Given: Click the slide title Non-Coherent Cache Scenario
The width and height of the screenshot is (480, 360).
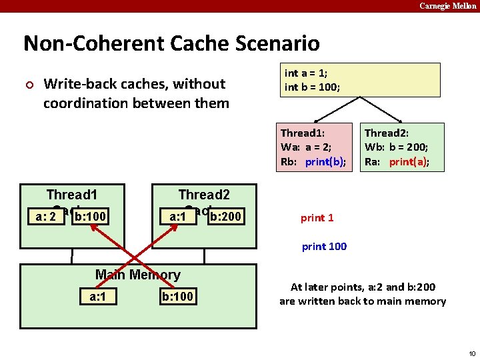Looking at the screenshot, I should pyautogui.click(x=171, y=44).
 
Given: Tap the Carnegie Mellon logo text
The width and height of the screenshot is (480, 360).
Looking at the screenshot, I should pyautogui.click(x=447, y=6).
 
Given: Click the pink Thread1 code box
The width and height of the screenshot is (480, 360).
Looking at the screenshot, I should pyautogui.click(x=315, y=147).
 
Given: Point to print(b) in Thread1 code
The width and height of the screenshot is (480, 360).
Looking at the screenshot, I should pyautogui.click(x=325, y=162).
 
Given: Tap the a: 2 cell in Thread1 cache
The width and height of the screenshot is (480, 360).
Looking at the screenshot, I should pyautogui.click(x=41, y=217).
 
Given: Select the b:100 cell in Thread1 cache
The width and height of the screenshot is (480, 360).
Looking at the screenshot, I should pyautogui.click(x=91, y=217).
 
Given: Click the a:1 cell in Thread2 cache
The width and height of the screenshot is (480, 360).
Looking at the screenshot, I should pyautogui.click(x=177, y=217).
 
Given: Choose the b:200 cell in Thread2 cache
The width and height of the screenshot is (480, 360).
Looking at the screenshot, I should pyautogui.click(x=225, y=217).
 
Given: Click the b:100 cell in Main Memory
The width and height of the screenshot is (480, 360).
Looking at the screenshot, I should pyautogui.click(x=178, y=296).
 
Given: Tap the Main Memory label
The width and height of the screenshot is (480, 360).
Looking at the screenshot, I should pyautogui.click(x=137, y=275).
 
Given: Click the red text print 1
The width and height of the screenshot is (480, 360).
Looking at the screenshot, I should pyautogui.click(x=317, y=218).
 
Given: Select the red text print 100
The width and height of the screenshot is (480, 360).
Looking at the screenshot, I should pyautogui.click(x=324, y=247).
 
